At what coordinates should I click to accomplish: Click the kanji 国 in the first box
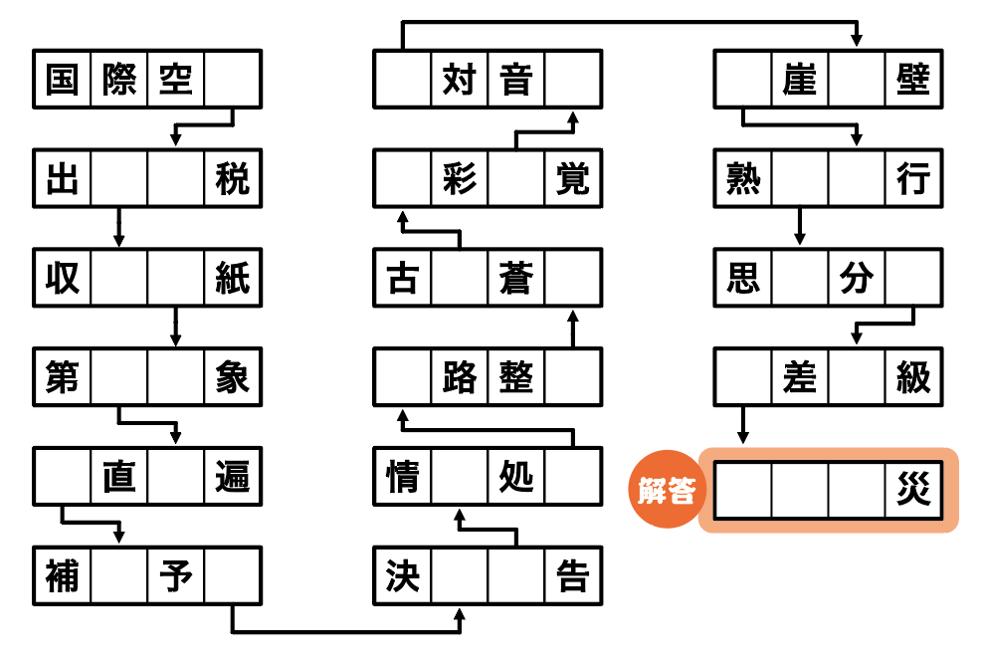click(x=62, y=80)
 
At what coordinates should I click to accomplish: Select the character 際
click(x=118, y=80)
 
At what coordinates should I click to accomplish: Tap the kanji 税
click(x=233, y=179)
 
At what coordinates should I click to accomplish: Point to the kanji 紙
click(x=233, y=279)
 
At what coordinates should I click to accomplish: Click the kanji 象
click(x=233, y=377)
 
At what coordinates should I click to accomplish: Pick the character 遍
click(x=233, y=477)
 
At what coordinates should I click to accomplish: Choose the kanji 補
click(x=62, y=575)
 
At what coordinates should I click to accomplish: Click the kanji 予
click(x=176, y=575)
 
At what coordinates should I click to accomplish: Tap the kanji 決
click(x=402, y=575)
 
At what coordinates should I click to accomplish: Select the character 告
click(x=573, y=575)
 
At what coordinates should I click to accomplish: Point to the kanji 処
click(x=516, y=477)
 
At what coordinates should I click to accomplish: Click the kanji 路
click(x=460, y=377)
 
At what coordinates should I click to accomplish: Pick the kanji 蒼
click(x=516, y=279)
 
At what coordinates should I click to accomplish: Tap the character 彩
click(x=460, y=179)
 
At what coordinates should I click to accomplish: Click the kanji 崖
click(x=800, y=80)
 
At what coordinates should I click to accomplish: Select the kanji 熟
click(x=743, y=179)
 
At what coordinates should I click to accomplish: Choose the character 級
click(x=913, y=377)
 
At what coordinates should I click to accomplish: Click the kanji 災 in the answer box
click(x=913, y=491)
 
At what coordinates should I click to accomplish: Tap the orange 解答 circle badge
click(x=666, y=491)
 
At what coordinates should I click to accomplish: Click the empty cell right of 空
click(x=233, y=80)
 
